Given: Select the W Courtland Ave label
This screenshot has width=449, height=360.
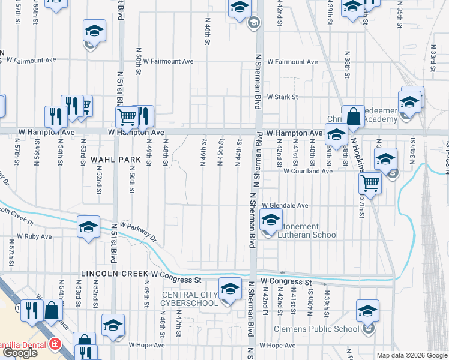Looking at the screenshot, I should click(308, 171).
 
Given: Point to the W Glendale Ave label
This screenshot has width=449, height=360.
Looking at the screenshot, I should click(285, 205).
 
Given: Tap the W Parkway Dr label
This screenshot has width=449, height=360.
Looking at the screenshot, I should click(139, 232).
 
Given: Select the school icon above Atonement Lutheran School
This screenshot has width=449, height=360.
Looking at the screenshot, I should click(271, 220).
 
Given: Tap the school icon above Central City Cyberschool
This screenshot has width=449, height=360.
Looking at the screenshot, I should click(230, 289).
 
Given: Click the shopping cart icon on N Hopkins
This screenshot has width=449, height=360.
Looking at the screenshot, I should click(371, 183).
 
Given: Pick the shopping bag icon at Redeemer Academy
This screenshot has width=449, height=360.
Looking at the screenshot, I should click(354, 116).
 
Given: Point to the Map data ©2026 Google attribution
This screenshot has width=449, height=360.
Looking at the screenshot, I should click(412, 355).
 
